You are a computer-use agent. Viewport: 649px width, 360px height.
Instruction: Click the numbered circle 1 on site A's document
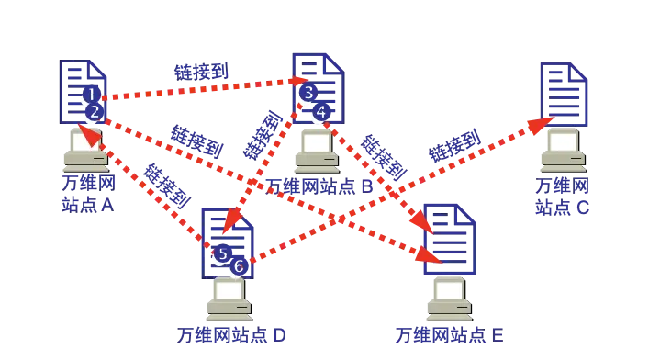(91, 98)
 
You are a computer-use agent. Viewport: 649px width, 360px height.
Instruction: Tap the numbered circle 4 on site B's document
(319, 114)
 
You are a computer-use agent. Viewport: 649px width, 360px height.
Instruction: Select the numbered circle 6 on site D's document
(237, 268)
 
